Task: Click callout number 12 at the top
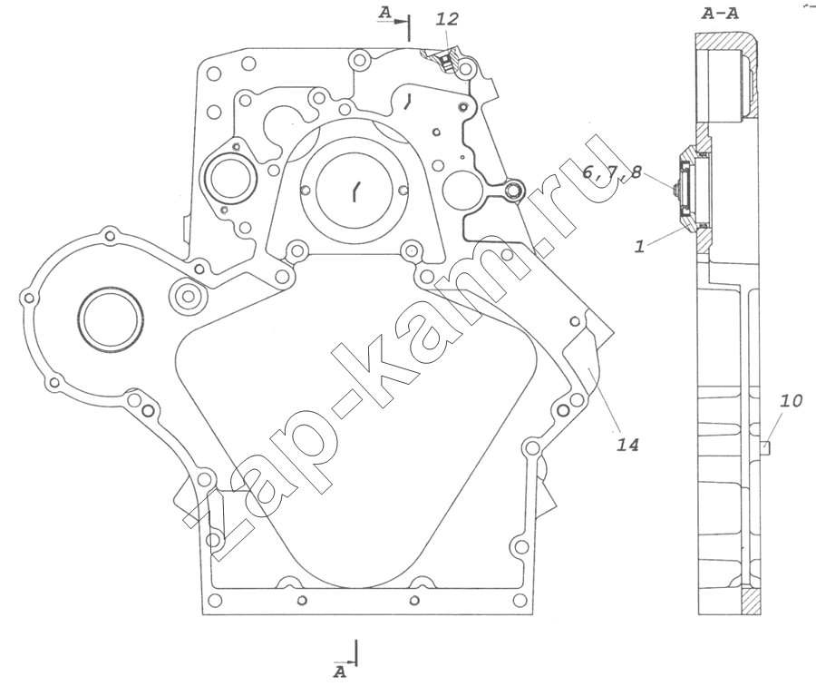pos(447,19)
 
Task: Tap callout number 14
pos(627,445)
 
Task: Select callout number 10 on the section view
pos(791,400)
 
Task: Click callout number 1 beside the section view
pos(639,245)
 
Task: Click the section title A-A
pos(720,14)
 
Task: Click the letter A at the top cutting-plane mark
pos(384,14)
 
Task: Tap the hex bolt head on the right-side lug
pos(514,191)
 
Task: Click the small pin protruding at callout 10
pos(765,447)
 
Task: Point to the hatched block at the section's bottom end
pos(751,602)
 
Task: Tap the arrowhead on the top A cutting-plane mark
pos(402,22)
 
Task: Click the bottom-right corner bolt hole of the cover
pos(518,600)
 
